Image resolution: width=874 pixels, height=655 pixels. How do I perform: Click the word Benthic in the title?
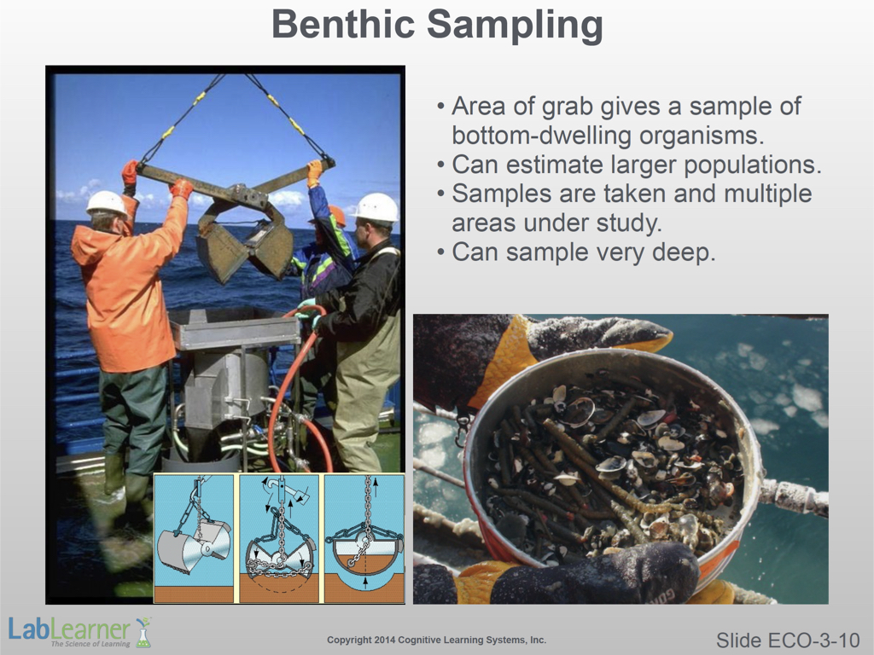coord(343,24)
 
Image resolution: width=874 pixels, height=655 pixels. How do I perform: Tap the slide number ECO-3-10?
coord(788,640)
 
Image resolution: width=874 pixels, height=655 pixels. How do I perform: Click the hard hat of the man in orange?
coord(106,203)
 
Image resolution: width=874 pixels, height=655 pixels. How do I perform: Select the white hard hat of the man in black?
coord(376,208)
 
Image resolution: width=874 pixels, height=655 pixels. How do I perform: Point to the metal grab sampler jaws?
coord(245,241)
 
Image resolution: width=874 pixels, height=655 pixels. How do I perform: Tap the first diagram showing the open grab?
coord(194,538)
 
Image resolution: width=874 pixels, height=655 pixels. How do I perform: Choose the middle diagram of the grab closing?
coord(279,538)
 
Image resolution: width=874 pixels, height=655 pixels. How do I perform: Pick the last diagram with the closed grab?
coord(364,538)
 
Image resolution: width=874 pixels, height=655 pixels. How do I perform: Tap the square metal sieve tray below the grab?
coord(233,327)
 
